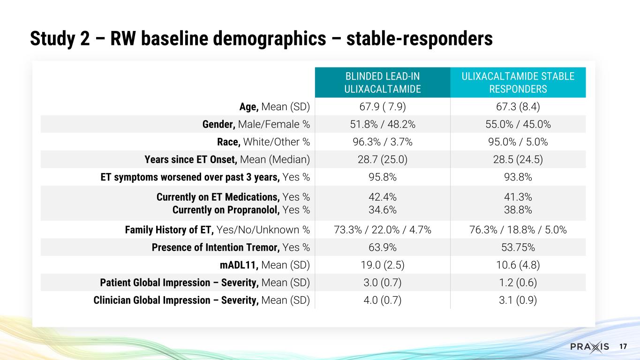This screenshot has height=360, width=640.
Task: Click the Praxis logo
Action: click(x=590, y=347)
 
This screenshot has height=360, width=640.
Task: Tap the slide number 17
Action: click(x=623, y=347)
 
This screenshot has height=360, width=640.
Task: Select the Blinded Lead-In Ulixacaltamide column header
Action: click(x=383, y=82)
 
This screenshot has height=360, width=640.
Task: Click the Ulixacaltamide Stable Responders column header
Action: click(x=518, y=82)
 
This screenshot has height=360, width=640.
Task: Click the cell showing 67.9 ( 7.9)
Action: click(x=383, y=106)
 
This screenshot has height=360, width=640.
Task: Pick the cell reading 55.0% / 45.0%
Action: click(x=518, y=124)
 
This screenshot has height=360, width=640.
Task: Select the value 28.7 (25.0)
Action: click(x=383, y=160)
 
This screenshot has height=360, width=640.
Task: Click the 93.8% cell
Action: click(x=518, y=178)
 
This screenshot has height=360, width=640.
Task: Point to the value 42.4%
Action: click(x=383, y=197)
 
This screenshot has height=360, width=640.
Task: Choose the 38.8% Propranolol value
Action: click(x=518, y=210)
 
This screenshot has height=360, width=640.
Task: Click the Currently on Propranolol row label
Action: click(x=241, y=210)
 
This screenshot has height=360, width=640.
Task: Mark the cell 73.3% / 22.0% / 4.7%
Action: click(x=383, y=230)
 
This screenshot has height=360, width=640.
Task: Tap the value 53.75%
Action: click(x=518, y=247)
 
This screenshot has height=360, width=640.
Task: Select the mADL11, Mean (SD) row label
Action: click(x=265, y=265)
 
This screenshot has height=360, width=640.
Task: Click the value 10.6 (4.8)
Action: click(x=518, y=265)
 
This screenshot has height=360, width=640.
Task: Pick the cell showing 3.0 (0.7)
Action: click(x=383, y=283)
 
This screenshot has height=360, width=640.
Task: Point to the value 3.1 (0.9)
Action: click(x=518, y=300)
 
